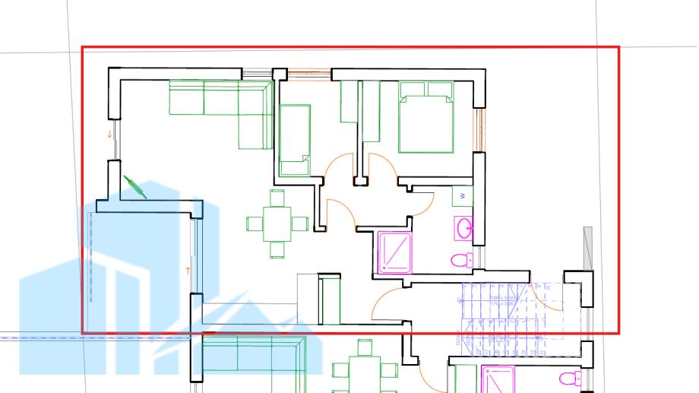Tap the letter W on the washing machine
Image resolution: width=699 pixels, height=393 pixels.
coord(462,196)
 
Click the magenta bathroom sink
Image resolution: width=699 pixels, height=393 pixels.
coord(464,227)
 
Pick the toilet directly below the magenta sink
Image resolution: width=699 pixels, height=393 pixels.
coord(460,260)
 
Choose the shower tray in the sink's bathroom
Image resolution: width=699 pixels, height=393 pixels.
coord(394,252)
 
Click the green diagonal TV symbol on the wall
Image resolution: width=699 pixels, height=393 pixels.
coord(134,186)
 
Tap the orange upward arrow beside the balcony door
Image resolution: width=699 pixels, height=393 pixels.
coord(188,269)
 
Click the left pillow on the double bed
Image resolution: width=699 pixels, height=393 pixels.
coord(413,90)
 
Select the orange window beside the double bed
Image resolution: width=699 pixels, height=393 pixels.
coord(479,130)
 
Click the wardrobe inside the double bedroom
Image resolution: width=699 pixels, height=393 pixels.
coord(371,111)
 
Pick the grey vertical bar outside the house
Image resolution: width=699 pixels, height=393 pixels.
coord(587,247)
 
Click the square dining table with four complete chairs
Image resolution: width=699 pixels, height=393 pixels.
coord(277,223)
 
